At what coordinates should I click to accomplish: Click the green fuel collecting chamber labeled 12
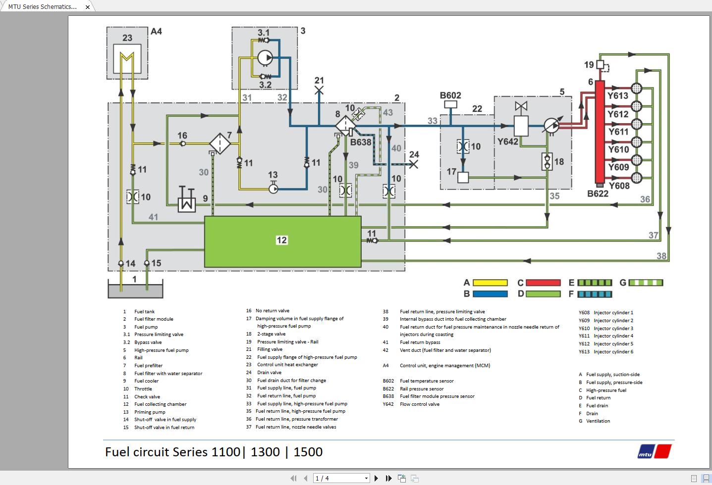click(282, 241)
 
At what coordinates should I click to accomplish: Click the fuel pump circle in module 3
click(265, 58)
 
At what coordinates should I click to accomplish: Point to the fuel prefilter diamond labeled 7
click(220, 144)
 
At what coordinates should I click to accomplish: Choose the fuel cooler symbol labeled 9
click(187, 200)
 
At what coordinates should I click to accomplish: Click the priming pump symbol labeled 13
click(274, 189)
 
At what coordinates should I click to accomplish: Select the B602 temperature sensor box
click(450, 104)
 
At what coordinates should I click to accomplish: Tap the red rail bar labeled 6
click(600, 132)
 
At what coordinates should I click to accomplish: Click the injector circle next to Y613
click(637, 89)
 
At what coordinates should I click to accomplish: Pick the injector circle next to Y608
click(637, 178)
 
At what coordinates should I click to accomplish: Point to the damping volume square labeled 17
click(463, 177)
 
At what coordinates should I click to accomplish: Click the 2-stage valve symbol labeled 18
click(547, 161)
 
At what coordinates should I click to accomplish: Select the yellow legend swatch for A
click(490, 283)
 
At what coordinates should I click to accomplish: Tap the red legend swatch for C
click(543, 283)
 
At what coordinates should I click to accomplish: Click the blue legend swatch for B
click(490, 294)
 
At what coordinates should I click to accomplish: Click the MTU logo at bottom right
click(655, 452)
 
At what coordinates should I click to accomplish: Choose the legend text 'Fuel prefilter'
click(148, 366)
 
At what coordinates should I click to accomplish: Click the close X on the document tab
click(88, 7)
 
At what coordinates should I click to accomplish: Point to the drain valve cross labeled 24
click(413, 164)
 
